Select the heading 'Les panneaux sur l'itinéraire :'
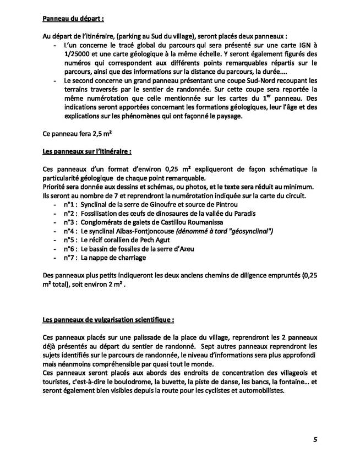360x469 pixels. click(x=86, y=150)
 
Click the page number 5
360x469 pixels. click(x=314, y=439)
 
